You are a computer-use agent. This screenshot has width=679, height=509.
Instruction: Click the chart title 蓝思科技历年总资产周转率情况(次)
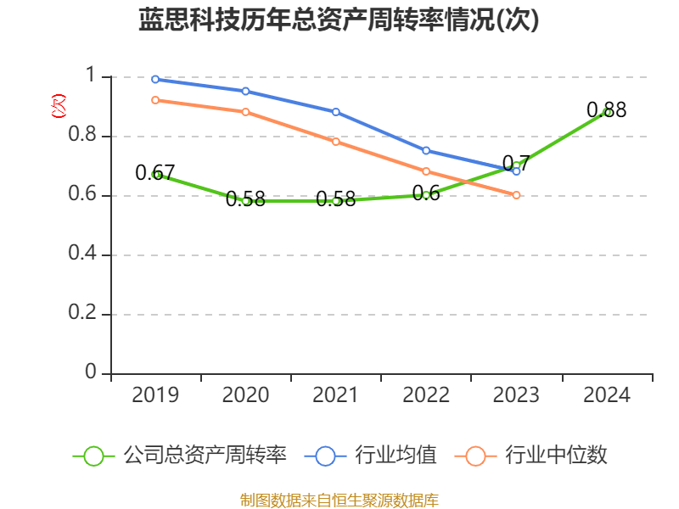339,20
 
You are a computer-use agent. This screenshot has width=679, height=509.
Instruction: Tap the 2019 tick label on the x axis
156,395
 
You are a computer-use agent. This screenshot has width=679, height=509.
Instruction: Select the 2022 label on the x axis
426,395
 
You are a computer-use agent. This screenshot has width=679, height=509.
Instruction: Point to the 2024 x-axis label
607,395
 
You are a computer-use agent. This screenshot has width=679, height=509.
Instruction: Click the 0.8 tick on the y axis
84,137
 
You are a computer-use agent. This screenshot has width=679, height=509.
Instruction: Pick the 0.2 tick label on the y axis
84,315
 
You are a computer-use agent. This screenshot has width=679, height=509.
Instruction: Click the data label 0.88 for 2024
606,110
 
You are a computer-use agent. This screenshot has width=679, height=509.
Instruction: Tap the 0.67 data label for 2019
154,173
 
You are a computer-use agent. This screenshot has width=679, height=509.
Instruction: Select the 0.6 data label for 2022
426,193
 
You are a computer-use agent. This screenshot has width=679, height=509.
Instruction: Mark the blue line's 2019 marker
156,80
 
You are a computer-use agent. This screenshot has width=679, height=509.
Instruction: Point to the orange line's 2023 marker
516,195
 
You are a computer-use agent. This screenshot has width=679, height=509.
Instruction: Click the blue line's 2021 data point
336,112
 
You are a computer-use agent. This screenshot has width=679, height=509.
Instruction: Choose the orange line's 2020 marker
246,112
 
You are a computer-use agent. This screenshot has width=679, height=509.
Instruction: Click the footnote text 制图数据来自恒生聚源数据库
339,500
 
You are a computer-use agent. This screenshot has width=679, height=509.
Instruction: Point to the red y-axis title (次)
59,106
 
